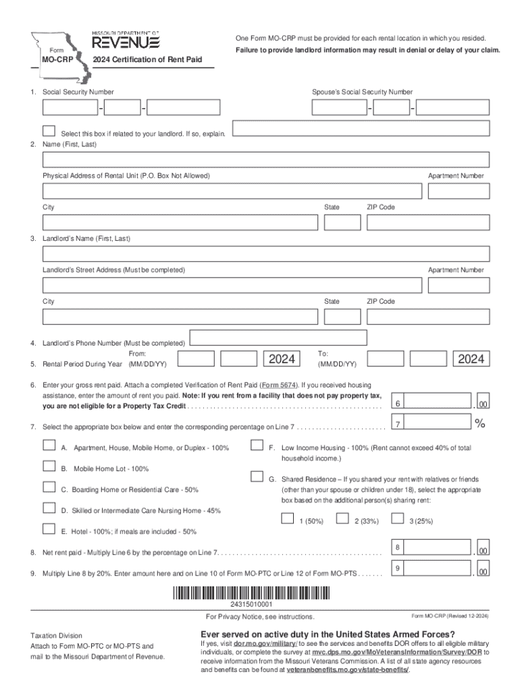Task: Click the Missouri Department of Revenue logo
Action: click(126, 41)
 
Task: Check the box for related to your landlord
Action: click(49, 130)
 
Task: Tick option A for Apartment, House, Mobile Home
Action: click(49, 445)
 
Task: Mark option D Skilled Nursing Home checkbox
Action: click(49, 507)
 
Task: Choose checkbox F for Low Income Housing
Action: click(257, 445)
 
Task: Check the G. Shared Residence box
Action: click(257, 476)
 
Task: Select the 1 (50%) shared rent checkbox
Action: click(288, 518)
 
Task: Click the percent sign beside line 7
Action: click(480, 424)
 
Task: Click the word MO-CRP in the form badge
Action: click(57, 60)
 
